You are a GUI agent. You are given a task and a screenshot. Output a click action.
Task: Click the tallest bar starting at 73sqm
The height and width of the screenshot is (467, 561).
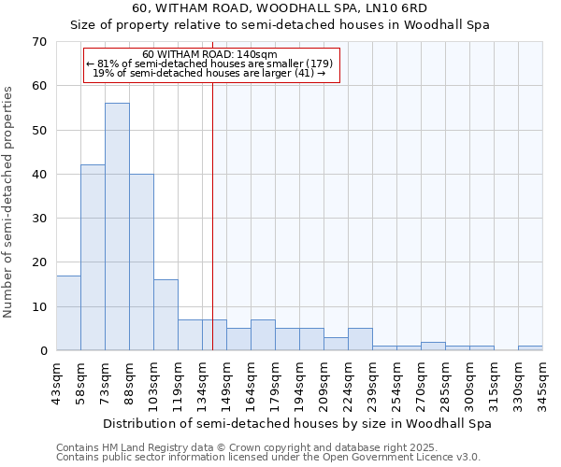[117, 227]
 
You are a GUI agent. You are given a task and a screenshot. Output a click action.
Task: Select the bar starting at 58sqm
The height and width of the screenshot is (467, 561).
[93, 258]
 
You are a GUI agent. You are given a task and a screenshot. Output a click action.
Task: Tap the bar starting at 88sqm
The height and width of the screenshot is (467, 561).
[141, 262]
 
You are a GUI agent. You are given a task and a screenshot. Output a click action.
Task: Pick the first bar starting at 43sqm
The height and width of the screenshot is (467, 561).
[68, 313]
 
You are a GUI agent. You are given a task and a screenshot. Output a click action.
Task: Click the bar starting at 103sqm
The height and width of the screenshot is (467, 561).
[165, 315]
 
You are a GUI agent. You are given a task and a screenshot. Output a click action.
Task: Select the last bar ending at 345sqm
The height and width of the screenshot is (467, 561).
[530, 348]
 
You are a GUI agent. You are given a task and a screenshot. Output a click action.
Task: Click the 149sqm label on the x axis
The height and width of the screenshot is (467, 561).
[226, 383]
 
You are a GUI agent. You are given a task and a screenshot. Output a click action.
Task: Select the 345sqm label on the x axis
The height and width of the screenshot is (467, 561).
[542, 383]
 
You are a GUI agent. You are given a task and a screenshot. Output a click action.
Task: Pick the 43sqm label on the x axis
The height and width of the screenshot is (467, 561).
[56, 383]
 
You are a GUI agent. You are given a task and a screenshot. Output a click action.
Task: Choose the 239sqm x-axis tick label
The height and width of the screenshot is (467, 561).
[372, 383]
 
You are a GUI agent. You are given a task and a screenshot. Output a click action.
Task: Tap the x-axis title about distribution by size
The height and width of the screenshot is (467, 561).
[296, 423]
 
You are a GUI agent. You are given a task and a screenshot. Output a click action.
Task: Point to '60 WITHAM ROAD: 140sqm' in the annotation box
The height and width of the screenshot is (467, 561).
[209, 55]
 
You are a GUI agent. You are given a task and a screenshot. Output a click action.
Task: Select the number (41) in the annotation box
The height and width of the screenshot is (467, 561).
[304, 73]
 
